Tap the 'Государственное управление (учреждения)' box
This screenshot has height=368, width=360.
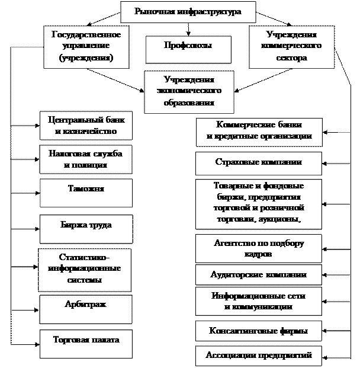point(86,46)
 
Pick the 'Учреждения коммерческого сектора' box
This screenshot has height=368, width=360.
point(287,46)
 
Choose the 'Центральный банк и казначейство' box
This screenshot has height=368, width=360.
point(86,126)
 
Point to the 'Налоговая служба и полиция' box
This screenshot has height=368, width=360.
point(86,159)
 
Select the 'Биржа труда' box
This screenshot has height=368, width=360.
point(86,227)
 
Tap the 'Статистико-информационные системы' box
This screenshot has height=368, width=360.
point(86,268)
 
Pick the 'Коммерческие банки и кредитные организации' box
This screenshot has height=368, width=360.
point(259,132)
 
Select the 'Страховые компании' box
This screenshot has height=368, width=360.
point(259,162)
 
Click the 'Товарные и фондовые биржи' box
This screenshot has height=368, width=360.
point(259,203)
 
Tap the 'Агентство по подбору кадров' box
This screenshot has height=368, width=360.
point(259,248)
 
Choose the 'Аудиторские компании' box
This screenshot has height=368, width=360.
point(259,275)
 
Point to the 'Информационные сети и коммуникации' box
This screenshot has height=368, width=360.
point(259,302)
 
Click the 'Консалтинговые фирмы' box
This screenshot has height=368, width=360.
point(259,331)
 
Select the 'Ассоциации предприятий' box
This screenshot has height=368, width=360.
point(259,356)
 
